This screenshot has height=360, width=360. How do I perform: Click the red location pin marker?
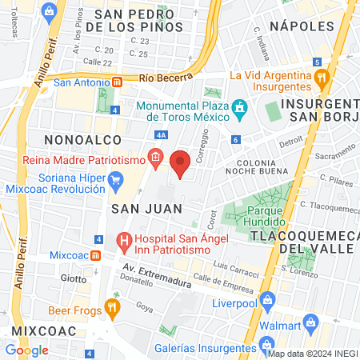click(x=180, y=163)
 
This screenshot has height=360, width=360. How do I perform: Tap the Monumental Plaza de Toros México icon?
click(x=238, y=108)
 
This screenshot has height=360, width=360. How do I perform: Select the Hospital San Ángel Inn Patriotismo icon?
click(x=124, y=239)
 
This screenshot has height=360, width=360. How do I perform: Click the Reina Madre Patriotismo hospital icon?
click(x=154, y=158)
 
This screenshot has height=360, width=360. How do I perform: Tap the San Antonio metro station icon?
click(x=117, y=81)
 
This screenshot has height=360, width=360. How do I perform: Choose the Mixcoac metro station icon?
click(x=94, y=255)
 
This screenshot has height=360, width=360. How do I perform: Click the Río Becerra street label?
click(x=166, y=78)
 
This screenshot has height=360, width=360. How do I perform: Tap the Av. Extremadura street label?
click(x=156, y=276)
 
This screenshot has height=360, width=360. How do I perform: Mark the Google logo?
click(x=26, y=350)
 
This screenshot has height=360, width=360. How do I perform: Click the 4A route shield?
click(x=161, y=135)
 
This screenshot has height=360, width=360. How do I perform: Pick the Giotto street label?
click(x=73, y=279)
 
